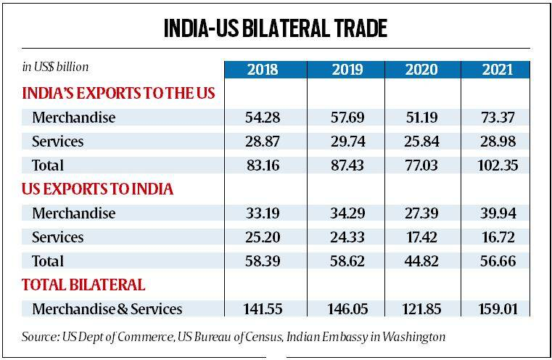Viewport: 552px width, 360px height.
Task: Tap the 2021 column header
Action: tap(498, 70)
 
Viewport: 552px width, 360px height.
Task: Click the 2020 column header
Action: tap(420, 70)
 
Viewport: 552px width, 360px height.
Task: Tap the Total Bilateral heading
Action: tap(83, 285)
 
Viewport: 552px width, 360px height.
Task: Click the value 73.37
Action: tap(498, 118)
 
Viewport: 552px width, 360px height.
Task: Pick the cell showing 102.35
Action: tap(498, 165)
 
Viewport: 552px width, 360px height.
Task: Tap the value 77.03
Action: tap(420, 165)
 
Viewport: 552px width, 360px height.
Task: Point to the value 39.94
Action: tap(498, 213)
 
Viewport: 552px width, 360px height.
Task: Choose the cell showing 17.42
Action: tap(420, 237)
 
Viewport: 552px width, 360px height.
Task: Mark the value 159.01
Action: tap(498, 308)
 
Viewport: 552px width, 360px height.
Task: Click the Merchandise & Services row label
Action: tap(107, 308)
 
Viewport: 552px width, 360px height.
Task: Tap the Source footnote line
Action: tap(233, 337)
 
